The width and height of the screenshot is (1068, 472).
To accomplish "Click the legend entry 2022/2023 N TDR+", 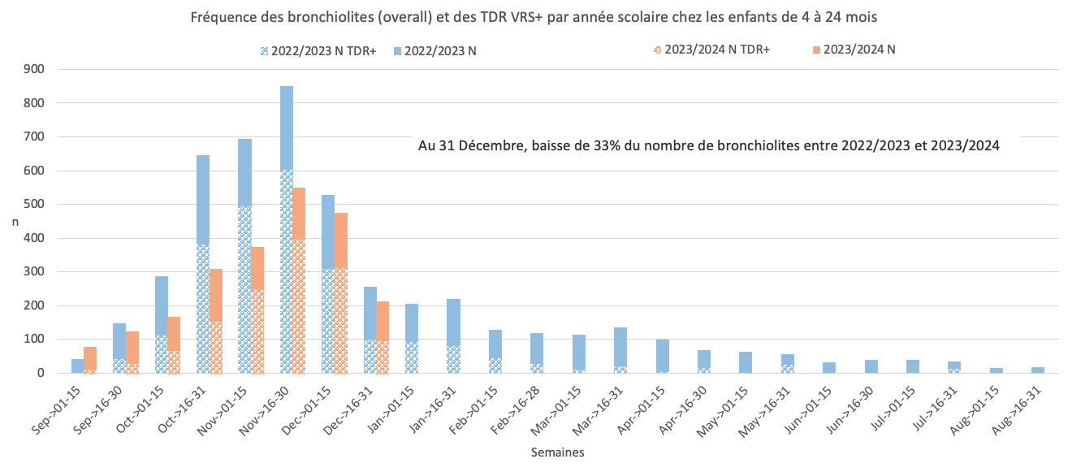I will pos(318,50).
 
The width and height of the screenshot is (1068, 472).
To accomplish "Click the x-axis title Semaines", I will pos(556,452).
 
